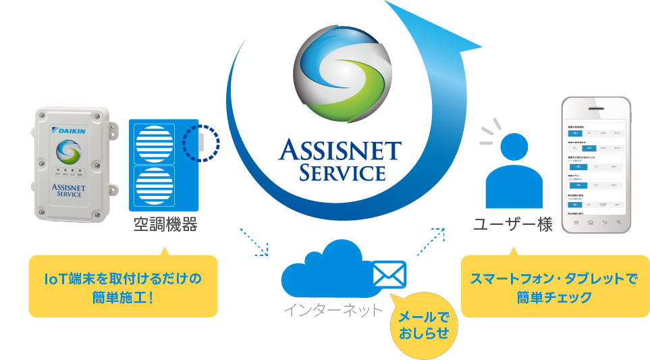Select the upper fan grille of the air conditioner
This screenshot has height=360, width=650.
point(155,143)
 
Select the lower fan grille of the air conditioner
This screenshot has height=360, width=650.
point(155,186)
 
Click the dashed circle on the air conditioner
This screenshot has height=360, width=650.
point(201,142)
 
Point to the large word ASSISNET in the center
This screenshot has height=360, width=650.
point(340,150)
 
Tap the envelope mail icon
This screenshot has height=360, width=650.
point(389,275)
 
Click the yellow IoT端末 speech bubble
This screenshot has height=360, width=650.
point(123,286)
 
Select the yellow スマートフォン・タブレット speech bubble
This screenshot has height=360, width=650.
point(555,286)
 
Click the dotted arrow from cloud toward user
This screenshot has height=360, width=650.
point(430,242)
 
